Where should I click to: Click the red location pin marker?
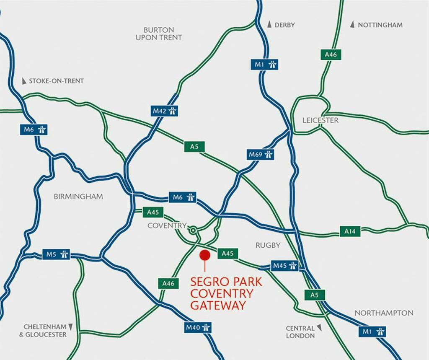204,255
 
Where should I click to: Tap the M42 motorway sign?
164,111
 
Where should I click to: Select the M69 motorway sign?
261,155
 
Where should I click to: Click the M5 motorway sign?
56,254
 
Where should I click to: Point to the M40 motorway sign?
198,327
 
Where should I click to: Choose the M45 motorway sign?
284,266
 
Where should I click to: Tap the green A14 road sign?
350,231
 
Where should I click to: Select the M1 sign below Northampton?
372,332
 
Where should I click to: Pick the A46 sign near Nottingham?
331,54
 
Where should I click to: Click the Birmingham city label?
78,197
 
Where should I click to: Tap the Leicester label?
320,120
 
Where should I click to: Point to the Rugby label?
268,245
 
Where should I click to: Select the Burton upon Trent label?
159,34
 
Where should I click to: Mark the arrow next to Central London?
319,327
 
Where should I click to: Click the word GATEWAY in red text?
218,306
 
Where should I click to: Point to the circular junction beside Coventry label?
193,230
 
